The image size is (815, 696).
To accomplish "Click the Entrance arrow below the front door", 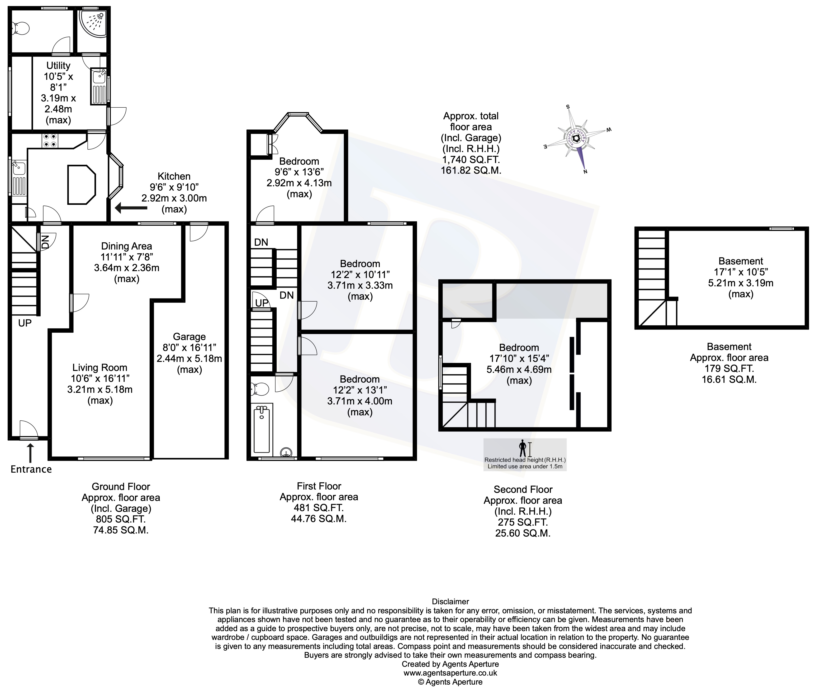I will pyautogui.click(x=30, y=453).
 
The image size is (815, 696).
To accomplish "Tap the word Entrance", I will pyautogui.click(x=31, y=469).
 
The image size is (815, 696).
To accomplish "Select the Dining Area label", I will pyautogui.click(x=126, y=246).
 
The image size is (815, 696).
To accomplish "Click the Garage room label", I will pyautogui.click(x=189, y=336).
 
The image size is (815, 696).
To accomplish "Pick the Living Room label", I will pyautogui.click(x=100, y=367).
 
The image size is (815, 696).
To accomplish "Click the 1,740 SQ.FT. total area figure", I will pyautogui.click(x=471, y=159).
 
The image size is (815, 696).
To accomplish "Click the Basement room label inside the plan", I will pyautogui.click(x=741, y=261).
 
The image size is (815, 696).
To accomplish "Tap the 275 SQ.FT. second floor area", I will pyautogui.click(x=523, y=522).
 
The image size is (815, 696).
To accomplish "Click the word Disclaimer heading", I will pyautogui.click(x=450, y=601).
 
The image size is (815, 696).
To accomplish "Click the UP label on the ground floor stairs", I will pyautogui.click(x=24, y=323).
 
